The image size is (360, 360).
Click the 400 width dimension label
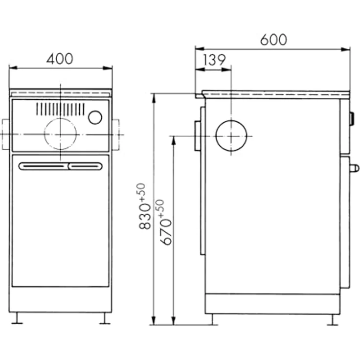(60, 59)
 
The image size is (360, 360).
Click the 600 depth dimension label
(273, 40)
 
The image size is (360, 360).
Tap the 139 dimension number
(214, 60)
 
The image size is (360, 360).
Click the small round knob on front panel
(95, 117)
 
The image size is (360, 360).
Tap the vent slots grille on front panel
(60, 109)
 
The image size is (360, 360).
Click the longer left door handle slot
(44, 166)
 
